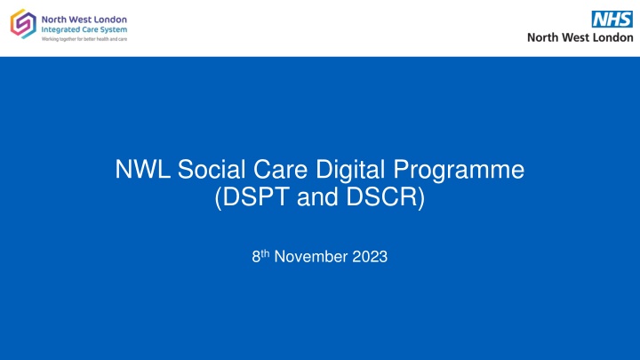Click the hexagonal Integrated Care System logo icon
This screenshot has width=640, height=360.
click(x=23, y=24)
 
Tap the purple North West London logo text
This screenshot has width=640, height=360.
click(x=84, y=20)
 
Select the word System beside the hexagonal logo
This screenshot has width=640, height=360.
click(x=113, y=30)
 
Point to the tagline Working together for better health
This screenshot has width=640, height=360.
click(x=84, y=39)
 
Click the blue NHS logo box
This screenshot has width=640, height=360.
click(x=612, y=20)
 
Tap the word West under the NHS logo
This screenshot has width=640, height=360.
click(x=575, y=37)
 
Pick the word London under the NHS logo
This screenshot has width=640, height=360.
click(x=612, y=37)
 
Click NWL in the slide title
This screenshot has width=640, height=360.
click(x=142, y=169)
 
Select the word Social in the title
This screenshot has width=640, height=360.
click(x=212, y=169)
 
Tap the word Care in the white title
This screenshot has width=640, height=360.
click(x=280, y=169)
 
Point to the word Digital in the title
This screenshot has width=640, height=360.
click(x=350, y=171)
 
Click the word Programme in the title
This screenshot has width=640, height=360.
click(x=459, y=171)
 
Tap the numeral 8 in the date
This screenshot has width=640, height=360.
click(x=256, y=257)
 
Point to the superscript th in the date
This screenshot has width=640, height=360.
click(x=265, y=253)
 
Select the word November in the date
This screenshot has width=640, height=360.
click(x=310, y=257)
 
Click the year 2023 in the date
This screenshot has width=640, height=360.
click(x=370, y=257)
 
